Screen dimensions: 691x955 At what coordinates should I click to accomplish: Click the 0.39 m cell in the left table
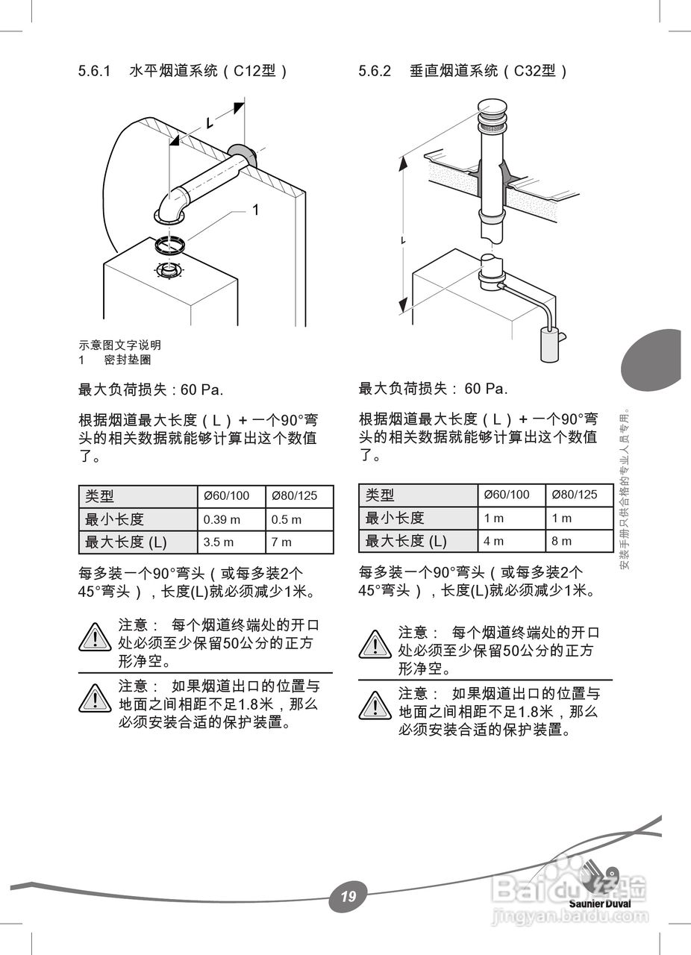coord(231,519)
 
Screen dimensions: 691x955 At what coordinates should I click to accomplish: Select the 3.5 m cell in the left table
coord(231,542)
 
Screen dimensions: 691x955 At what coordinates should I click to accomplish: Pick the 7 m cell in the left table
coord(299,542)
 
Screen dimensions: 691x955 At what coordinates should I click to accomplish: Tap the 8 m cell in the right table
coord(579,541)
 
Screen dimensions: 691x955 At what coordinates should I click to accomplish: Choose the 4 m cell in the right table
coord(511,541)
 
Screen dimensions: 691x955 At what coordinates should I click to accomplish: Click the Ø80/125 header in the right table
coord(579,495)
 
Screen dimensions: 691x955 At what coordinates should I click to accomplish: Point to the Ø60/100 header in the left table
coord(231,496)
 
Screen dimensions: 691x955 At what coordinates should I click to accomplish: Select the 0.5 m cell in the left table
coord(299,519)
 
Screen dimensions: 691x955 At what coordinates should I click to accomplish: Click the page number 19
coord(348,896)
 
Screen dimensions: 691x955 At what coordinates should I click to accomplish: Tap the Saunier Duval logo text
coord(600,903)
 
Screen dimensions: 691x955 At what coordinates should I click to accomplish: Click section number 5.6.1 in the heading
coord(94,71)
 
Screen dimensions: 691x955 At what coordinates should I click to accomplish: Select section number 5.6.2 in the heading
coord(375,71)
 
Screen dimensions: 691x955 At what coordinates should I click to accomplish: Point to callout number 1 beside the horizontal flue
coord(255,210)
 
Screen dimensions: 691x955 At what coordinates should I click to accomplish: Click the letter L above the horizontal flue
coord(210,123)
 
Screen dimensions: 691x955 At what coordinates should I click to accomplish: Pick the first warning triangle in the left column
coord(95,636)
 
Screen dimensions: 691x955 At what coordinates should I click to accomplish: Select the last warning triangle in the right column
coord(375,705)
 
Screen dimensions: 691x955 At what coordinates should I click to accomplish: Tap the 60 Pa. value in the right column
coord(486,389)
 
